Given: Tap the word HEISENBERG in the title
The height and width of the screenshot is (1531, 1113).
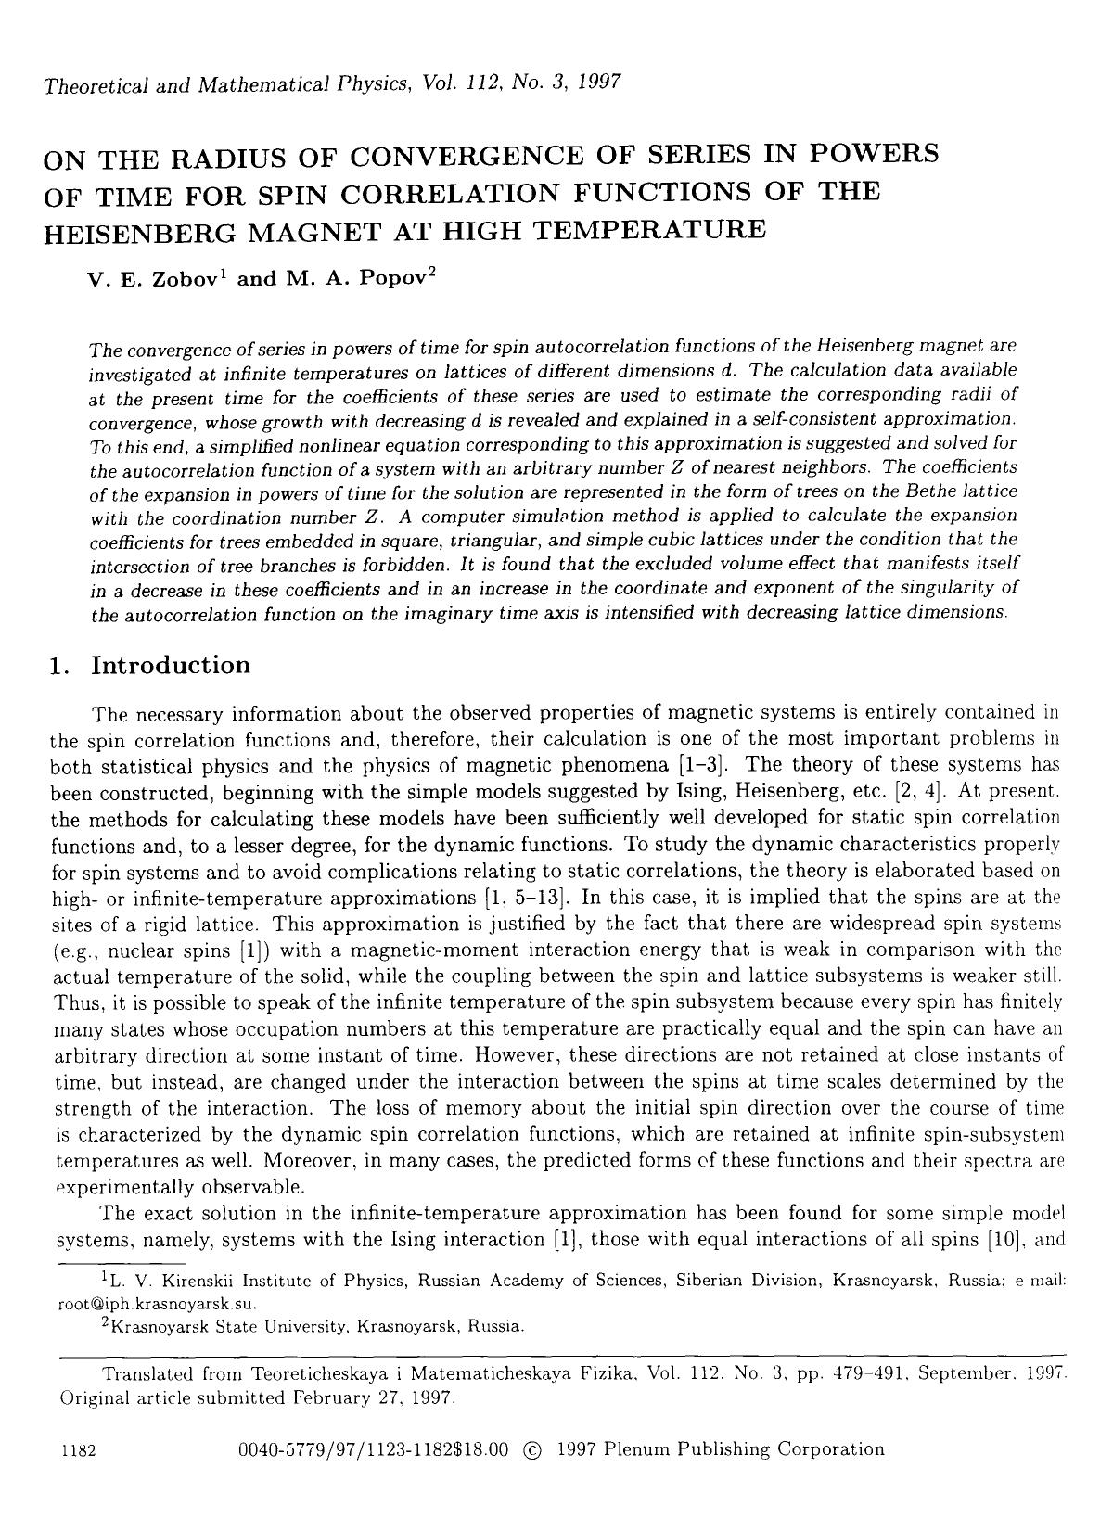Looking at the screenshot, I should [124, 229].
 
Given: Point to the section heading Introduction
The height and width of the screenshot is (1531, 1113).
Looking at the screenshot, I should [171, 666].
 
